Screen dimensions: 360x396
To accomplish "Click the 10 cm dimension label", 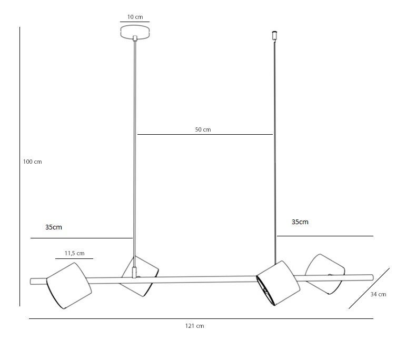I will tap(135, 17).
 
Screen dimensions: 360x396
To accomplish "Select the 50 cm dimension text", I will tap(203, 129).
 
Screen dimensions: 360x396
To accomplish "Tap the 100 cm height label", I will tap(32, 162).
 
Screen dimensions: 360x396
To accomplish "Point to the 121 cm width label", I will tap(194, 326).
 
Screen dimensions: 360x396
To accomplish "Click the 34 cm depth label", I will tap(378, 294).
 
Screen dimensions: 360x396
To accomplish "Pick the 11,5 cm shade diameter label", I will tap(74, 253).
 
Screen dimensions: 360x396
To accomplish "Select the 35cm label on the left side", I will tap(54, 227).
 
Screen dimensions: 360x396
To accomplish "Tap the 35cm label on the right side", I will tap(300, 222).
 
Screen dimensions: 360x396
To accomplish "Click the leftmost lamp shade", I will tap(69, 285).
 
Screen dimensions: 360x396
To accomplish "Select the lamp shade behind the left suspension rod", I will tap(140, 275).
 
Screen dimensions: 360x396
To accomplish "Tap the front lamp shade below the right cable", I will tap(278, 283).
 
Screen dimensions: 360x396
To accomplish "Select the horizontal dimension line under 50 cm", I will tap(205, 135).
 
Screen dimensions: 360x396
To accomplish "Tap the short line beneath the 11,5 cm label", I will tap(74, 258).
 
